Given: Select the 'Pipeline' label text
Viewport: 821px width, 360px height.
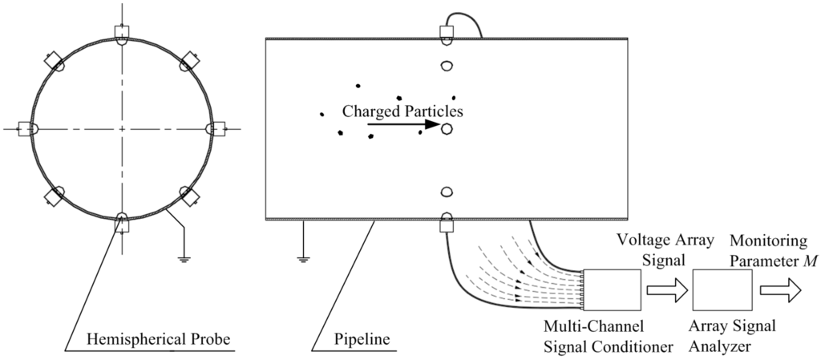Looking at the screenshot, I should [x=362, y=339].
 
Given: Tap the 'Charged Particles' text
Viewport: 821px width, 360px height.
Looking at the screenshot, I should [x=402, y=111].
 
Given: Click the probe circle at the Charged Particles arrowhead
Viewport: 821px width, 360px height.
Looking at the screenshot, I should [x=447, y=127].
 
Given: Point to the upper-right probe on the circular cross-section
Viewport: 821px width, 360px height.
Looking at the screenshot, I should [x=189, y=62].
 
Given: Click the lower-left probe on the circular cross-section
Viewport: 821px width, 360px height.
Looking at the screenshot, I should [x=56, y=195].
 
